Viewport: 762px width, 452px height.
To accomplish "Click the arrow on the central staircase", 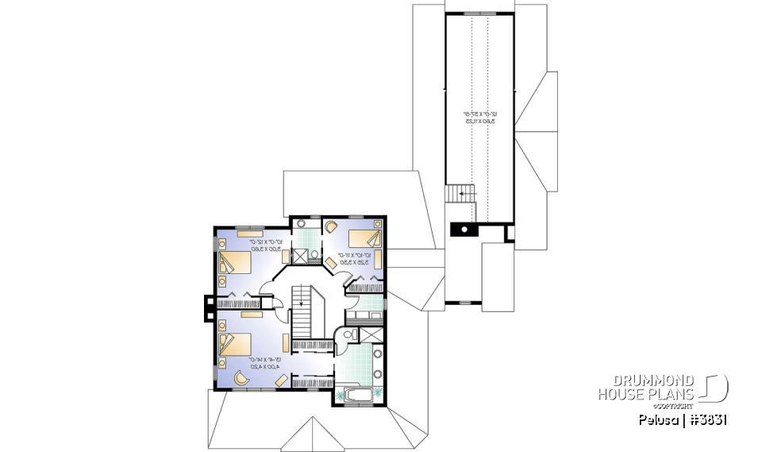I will pyautogui.click(x=302, y=303).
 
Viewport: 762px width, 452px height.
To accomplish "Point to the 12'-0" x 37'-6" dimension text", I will pyautogui.click(x=474, y=118).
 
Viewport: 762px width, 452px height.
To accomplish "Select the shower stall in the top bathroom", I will pyautogui.click(x=300, y=256).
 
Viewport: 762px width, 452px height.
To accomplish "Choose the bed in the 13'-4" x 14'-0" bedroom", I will pyautogui.click(x=237, y=345).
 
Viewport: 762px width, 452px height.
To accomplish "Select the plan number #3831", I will pyautogui.click(x=706, y=419).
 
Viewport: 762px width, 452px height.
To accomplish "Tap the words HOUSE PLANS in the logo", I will pyautogui.click(x=646, y=395).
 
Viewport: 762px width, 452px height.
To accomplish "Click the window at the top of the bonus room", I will pyautogui.click(x=478, y=14).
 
